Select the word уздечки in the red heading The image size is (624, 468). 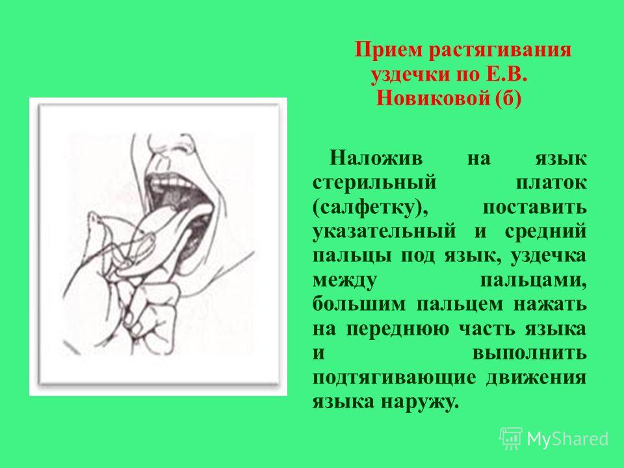(x=410, y=75)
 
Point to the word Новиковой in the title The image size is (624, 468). (x=434, y=99)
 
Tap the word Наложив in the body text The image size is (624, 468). (x=376, y=158)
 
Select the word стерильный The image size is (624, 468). (x=374, y=183)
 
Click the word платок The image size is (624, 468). (x=551, y=183)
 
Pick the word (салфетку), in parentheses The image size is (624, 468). (x=370, y=208)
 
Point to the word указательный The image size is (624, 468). (x=383, y=231)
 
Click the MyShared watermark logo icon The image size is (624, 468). (x=511, y=439)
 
